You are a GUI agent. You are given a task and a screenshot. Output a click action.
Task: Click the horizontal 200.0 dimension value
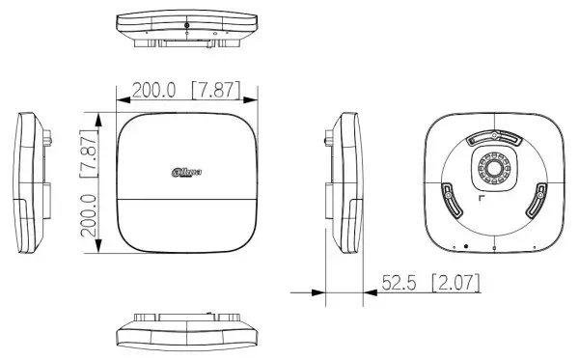tap(154, 91)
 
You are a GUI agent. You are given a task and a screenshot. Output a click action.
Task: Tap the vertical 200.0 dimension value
tap(89, 220)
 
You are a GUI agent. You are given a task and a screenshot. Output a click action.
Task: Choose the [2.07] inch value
tap(455, 284)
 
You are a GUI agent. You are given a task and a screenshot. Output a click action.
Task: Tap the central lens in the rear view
tap(493, 169)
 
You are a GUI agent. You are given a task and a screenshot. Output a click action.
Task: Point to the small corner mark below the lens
tap(481, 199)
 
